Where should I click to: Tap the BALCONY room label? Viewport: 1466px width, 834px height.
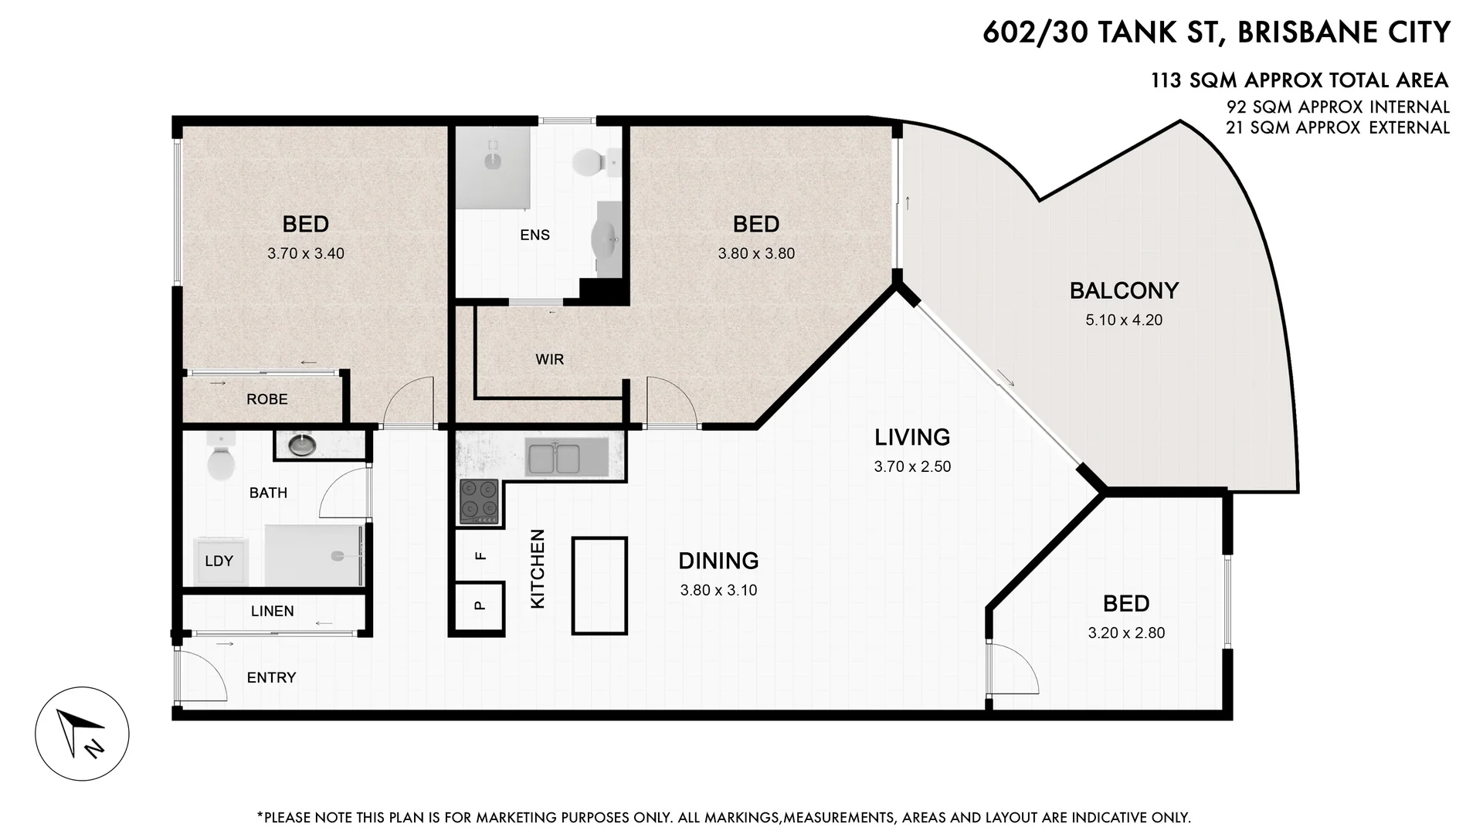(x=1124, y=291)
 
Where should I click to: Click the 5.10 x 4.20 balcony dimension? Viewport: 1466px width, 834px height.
(x=1124, y=320)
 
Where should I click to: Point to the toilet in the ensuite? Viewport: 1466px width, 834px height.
(x=589, y=163)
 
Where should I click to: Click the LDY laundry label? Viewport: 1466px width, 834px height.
(x=219, y=561)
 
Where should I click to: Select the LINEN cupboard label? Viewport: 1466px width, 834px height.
(x=272, y=611)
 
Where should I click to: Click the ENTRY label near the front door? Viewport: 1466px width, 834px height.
(x=271, y=677)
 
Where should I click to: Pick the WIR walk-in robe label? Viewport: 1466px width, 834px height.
(x=549, y=359)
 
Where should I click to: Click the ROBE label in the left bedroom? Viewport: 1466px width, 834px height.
(x=266, y=399)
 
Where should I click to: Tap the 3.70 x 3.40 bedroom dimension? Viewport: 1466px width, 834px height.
(x=306, y=253)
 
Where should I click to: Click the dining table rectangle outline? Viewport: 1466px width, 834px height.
(x=599, y=585)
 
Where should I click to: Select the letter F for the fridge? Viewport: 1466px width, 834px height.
(x=480, y=555)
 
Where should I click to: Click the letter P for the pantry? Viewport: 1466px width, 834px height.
(x=480, y=605)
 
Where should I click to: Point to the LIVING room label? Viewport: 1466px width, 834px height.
(x=912, y=437)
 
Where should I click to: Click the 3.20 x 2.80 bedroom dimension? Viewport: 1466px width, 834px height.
(x=1126, y=633)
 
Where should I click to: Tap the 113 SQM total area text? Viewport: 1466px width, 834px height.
(x=1299, y=80)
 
